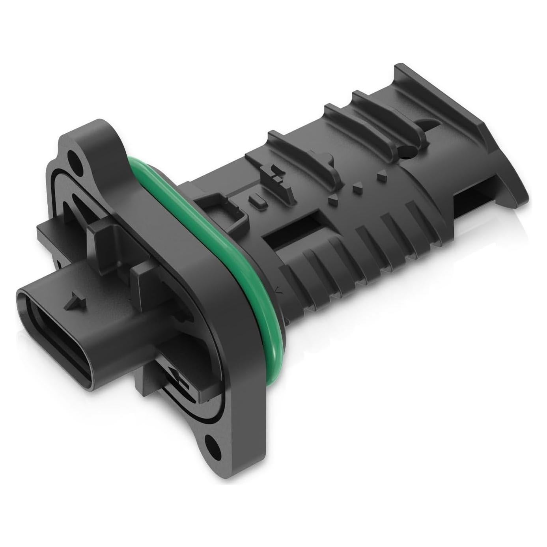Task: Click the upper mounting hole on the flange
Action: pos(74,158)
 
